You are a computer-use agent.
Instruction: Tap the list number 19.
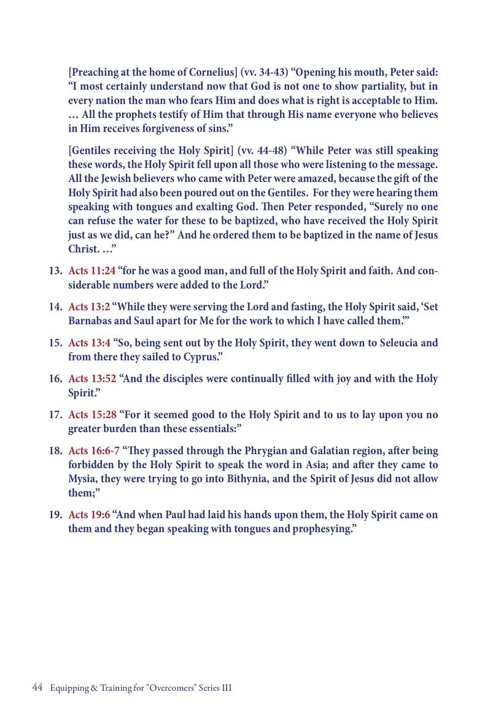(55, 514)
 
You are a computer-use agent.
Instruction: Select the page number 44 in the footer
(36, 688)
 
